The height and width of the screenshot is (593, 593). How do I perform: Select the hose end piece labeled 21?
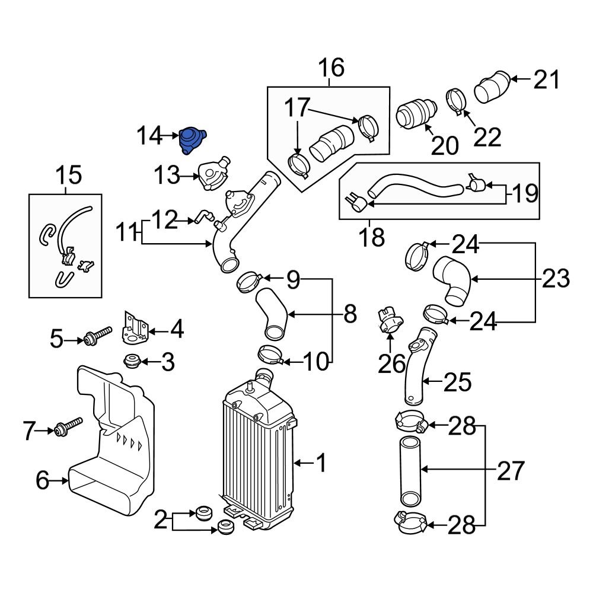492,88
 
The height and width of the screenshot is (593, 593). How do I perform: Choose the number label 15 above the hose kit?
68,175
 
